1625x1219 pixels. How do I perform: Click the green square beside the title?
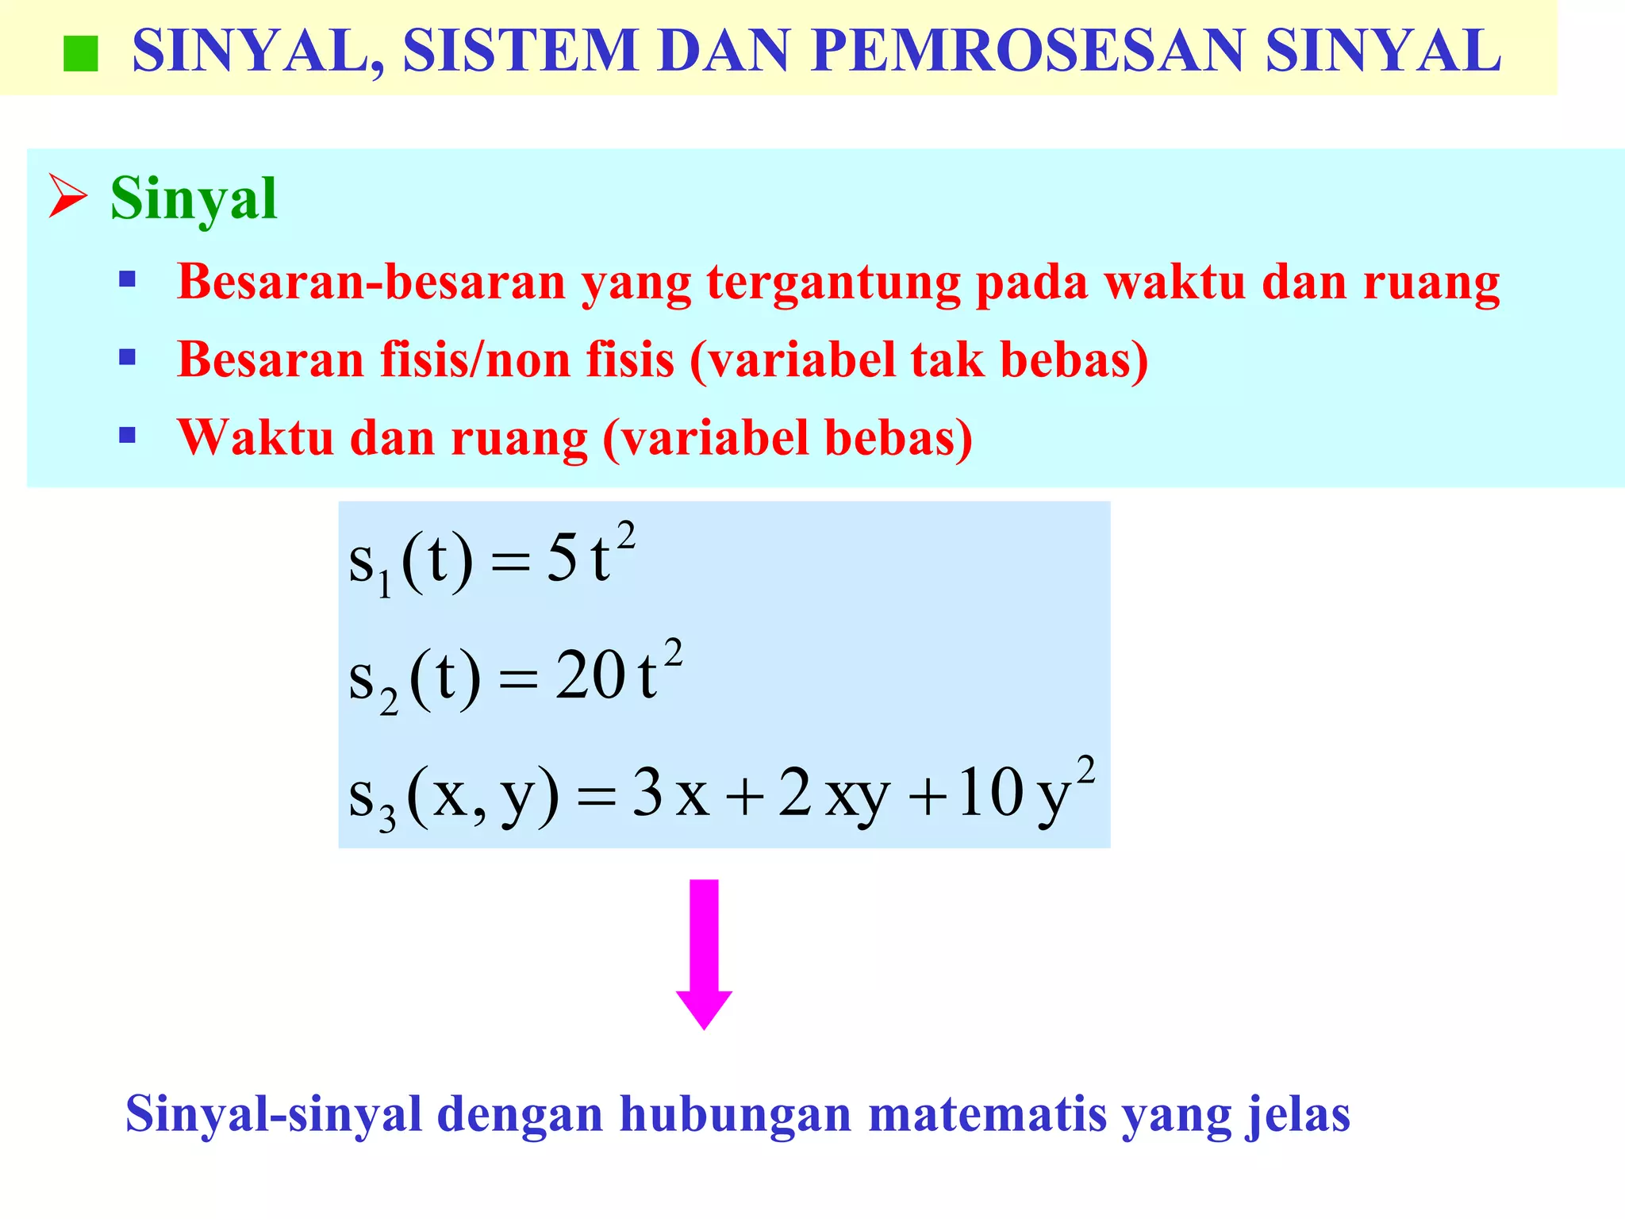point(80,54)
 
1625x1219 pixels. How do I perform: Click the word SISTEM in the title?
point(521,51)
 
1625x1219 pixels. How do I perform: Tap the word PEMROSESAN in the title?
point(1028,51)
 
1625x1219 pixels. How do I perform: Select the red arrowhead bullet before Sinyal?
point(67,196)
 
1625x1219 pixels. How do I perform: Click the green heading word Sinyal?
point(194,198)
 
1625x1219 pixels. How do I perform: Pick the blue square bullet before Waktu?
point(127,435)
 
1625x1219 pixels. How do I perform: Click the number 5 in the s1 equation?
point(562,560)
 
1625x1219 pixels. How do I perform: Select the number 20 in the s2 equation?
point(590,676)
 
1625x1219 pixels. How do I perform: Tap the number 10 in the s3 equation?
point(989,794)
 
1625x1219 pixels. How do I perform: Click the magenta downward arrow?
point(704,952)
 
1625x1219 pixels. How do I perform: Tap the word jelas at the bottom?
point(1298,1113)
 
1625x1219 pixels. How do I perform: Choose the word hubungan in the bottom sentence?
point(736,1115)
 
